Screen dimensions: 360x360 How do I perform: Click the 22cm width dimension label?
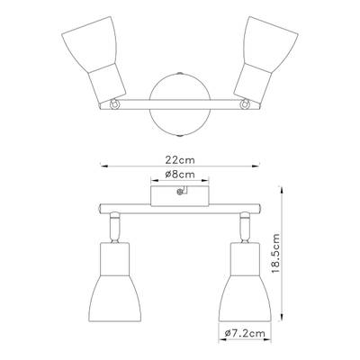(180, 160)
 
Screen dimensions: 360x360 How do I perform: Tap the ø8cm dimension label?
(180, 174)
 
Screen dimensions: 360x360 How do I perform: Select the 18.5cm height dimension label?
(275, 253)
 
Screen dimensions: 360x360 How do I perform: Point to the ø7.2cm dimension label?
(245, 333)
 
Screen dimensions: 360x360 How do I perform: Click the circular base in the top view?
(180, 104)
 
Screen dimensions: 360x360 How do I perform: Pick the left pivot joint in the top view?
(114, 104)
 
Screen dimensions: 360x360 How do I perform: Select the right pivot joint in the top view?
(245, 104)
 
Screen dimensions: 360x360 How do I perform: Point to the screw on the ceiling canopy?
(180, 192)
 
